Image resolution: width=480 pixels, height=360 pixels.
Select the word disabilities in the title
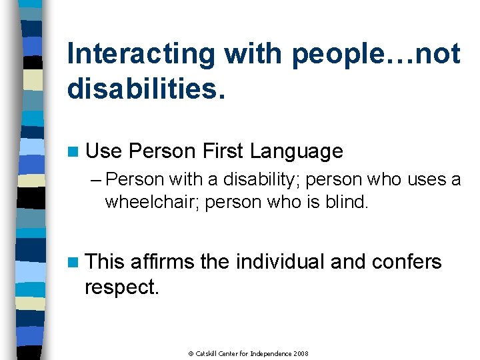click(x=145, y=89)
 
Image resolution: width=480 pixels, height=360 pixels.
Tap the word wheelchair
click(x=152, y=202)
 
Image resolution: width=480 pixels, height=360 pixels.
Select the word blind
click(x=344, y=202)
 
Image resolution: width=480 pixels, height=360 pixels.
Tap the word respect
click(x=121, y=287)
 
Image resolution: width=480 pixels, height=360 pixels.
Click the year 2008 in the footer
click(x=300, y=353)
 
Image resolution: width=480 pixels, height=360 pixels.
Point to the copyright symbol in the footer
click(x=190, y=353)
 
